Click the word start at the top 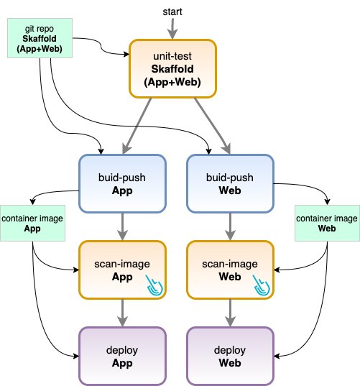[x=172, y=12]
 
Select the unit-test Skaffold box [x=172, y=69]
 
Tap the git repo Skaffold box [x=40, y=38]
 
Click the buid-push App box [x=122, y=183]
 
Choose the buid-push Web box [x=230, y=183]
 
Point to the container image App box [x=32, y=223]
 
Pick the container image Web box [x=327, y=223]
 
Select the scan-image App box [x=122, y=270]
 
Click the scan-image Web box [x=230, y=270]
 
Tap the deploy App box [x=122, y=356]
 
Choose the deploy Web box [x=230, y=356]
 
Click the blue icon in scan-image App [x=154, y=285]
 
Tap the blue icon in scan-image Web [x=261, y=285]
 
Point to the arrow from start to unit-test [x=172, y=29]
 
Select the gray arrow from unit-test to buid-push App [x=137, y=126]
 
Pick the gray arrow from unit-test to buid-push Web [x=212, y=126]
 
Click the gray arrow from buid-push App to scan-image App [x=122, y=226]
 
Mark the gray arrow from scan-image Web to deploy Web [x=230, y=313]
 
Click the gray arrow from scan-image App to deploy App [x=122, y=313]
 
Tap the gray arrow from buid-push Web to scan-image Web [x=230, y=226]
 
